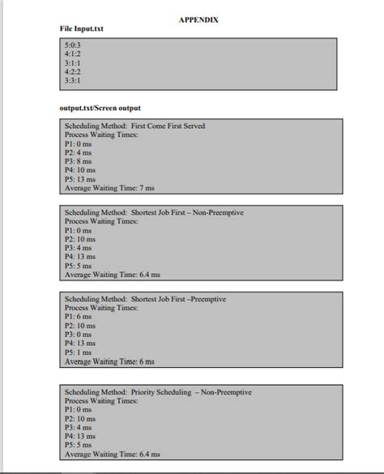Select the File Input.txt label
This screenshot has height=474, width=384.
pyautogui.click(x=82, y=28)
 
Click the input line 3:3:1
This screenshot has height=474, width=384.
pyautogui.click(x=74, y=81)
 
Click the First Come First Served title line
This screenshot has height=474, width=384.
pyautogui.click(x=134, y=126)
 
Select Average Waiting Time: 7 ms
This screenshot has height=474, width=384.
pyautogui.click(x=109, y=188)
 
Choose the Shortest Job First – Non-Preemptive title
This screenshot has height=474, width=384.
pyautogui.click(x=153, y=212)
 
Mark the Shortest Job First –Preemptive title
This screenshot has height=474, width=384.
pyautogui.click(x=144, y=300)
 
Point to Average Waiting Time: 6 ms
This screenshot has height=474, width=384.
pyautogui.click(x=109, y=361)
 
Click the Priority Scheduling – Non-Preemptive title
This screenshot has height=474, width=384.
pyautogui.click(x=158, y=393)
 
